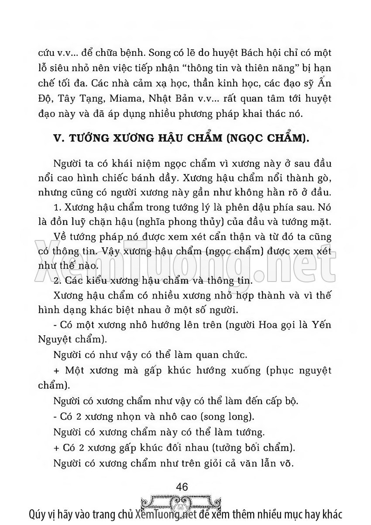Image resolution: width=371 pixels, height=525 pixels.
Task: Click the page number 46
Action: click(182, 487)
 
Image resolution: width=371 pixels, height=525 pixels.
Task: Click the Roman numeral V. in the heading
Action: click(58, 139)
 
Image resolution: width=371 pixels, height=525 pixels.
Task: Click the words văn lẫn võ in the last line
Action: click(265, 464)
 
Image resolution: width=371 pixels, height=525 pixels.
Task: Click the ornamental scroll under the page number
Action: click(182, 500)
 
